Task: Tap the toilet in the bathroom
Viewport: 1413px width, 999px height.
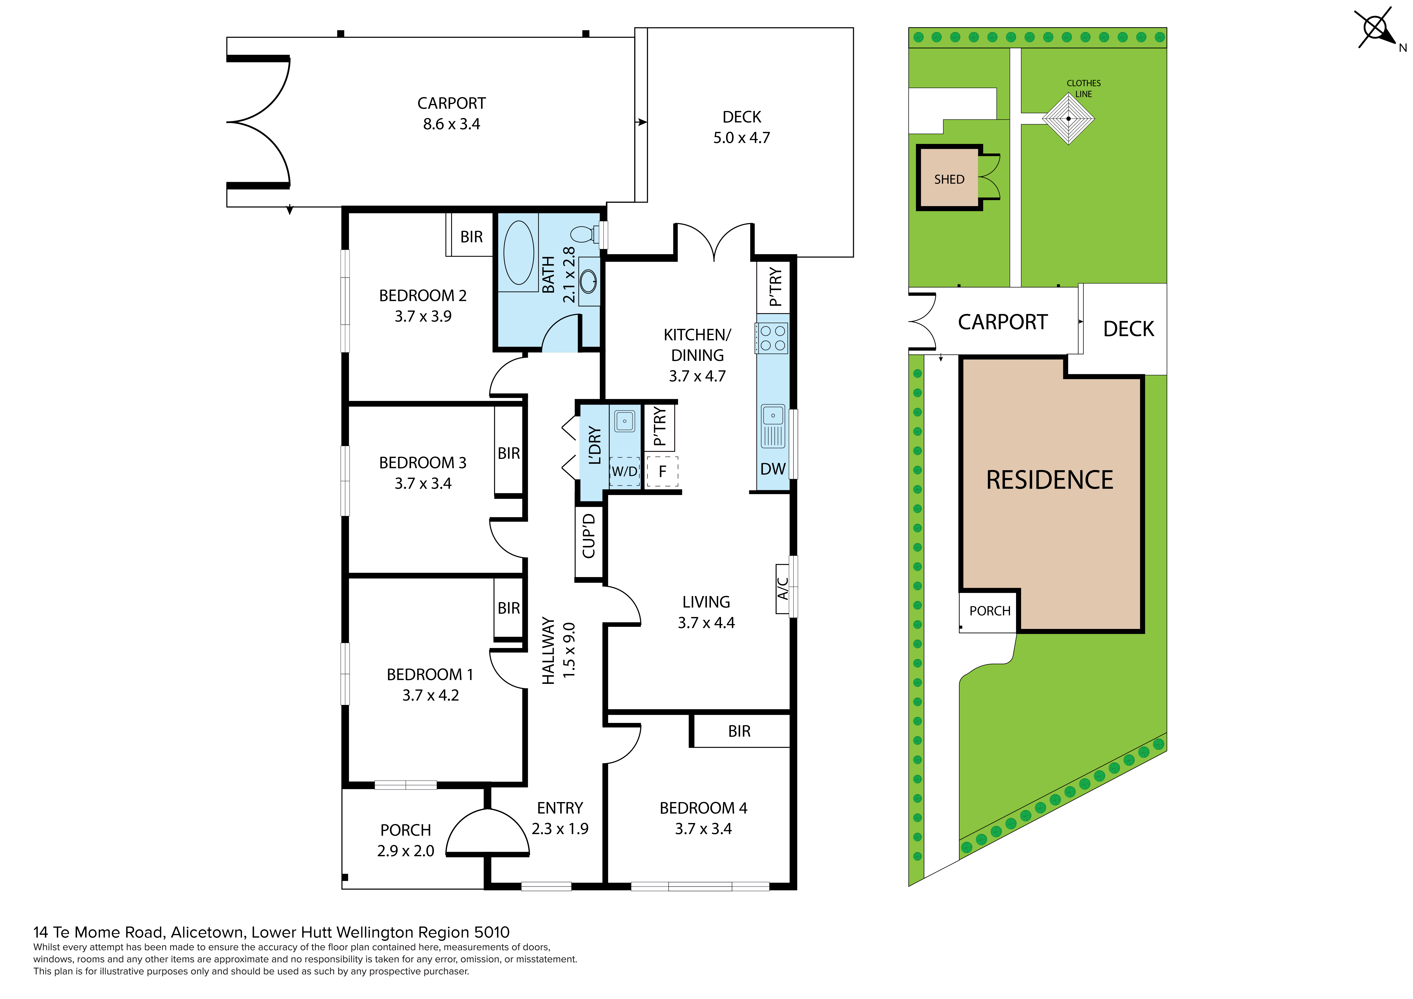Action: coord(585,234)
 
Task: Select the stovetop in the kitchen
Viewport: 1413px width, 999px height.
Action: coord(772,338)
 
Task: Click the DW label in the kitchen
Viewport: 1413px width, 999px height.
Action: coord(773,469)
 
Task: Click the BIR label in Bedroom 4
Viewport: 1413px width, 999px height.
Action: coord(739,731)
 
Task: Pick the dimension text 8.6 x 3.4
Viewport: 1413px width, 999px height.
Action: coord(451,124)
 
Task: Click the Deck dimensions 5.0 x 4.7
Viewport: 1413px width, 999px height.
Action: coord(742,138)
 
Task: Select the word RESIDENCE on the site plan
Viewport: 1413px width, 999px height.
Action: coord(1050,480)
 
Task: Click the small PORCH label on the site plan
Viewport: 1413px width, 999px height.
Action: coord(990,611)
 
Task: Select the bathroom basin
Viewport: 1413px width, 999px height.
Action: coord(588,281)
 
